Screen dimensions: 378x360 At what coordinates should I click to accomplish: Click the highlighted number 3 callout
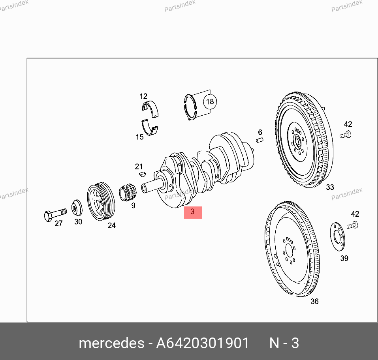click(193, 212)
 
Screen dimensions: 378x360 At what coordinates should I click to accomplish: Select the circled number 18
click(210, 102)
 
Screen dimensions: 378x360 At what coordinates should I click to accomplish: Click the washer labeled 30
click(77, 208)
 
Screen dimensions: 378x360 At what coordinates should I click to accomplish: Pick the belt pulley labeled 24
click(101, 201)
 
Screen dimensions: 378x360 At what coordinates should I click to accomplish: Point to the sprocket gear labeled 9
click(128, 192)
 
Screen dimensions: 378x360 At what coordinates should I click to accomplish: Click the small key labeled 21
click(143, 174)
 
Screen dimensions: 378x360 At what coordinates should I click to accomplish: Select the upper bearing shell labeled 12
click(150, 109)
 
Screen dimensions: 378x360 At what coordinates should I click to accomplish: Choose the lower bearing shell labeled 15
click(150, 128)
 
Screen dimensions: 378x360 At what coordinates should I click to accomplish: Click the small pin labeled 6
click(260, 140)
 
